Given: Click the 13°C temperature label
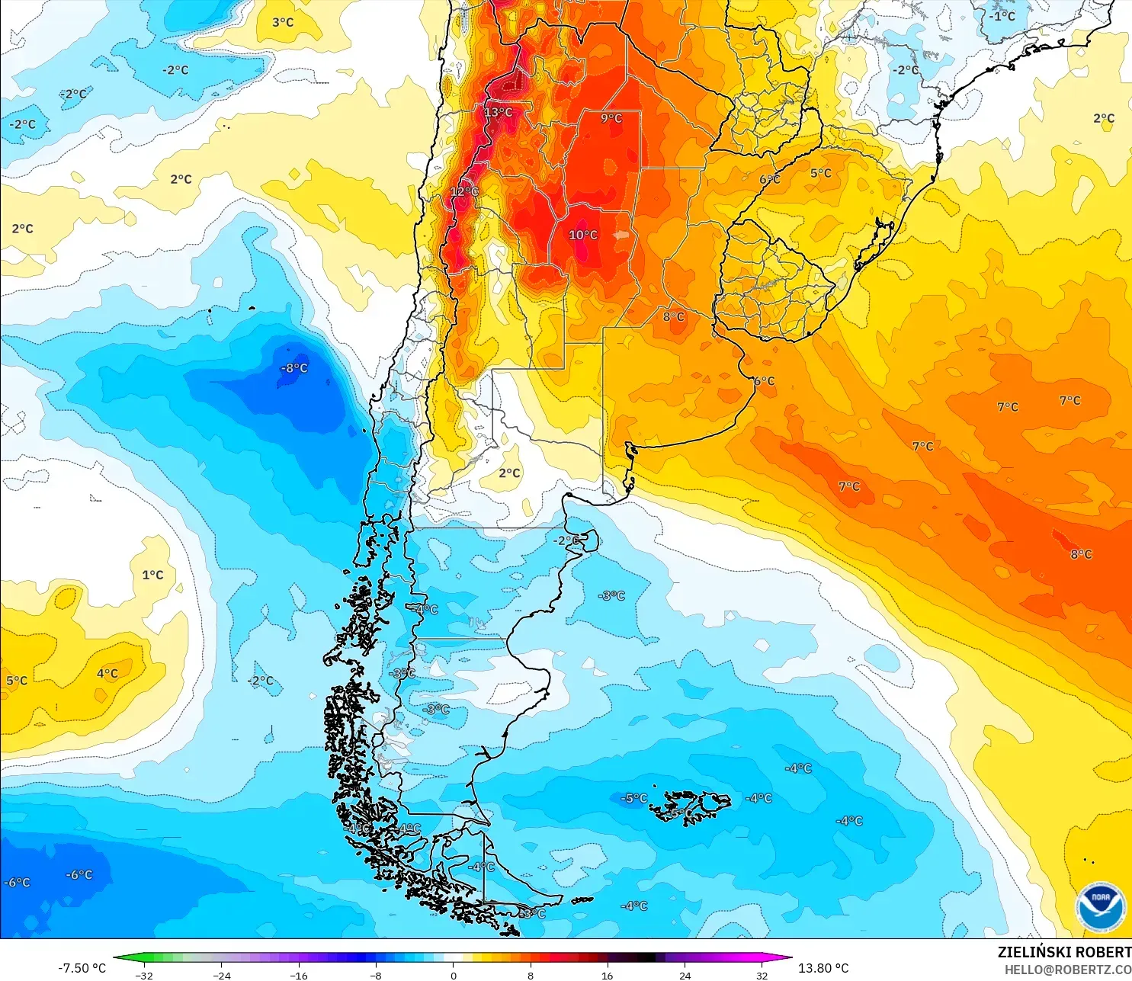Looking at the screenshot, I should [x=499, y=112].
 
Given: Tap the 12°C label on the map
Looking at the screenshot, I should [x=464, y=191].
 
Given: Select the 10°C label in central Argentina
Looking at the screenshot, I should [x=583, y=235].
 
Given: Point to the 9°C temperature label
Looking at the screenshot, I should [x=611, y=118].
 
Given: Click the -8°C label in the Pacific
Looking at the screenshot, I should [x=294, y=368].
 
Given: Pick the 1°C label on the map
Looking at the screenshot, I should [x=152, y=575].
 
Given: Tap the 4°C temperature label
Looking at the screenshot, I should [x=107, y=673].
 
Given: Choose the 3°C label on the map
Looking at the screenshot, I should [x=283, y=22].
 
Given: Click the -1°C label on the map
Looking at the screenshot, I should [x=1002, y=16].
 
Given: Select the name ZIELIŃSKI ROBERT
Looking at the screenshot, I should [x=1064, y=952].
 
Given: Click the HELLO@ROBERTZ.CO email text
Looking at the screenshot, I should [x=1067, y=970].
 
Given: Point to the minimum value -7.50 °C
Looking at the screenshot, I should [x=82, y=968].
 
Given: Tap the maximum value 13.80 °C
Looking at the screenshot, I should [x=823, y=968].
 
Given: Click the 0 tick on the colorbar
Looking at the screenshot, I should [x=454, y=975].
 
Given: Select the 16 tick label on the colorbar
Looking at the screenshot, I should [x=608, y=975].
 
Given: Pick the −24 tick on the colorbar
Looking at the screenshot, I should [x=222, y=975].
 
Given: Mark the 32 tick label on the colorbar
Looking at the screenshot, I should [x=762, y=975].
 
